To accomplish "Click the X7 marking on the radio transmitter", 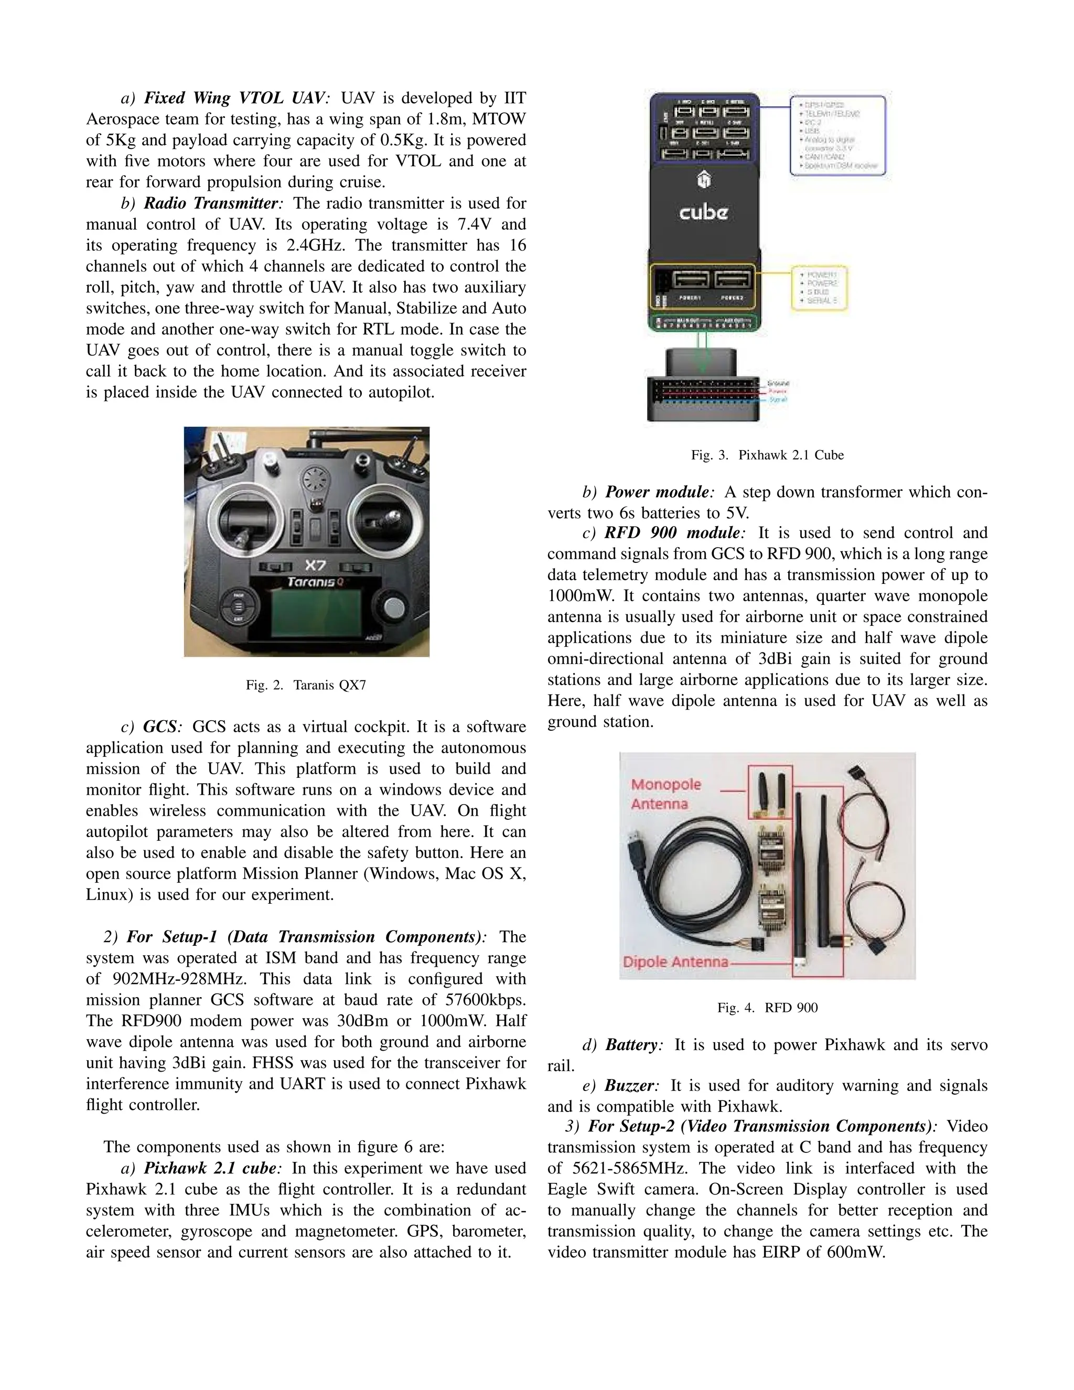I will click(x=314, y=565).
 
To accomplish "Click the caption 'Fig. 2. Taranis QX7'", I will click(x=306, y=685).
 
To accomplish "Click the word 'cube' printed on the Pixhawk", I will click(x=703, y=212).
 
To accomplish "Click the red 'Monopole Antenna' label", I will click(x=665, y=794).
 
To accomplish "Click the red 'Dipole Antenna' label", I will click(x=675, y=961).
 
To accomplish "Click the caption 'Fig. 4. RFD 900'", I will click(x=767, y=1008).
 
